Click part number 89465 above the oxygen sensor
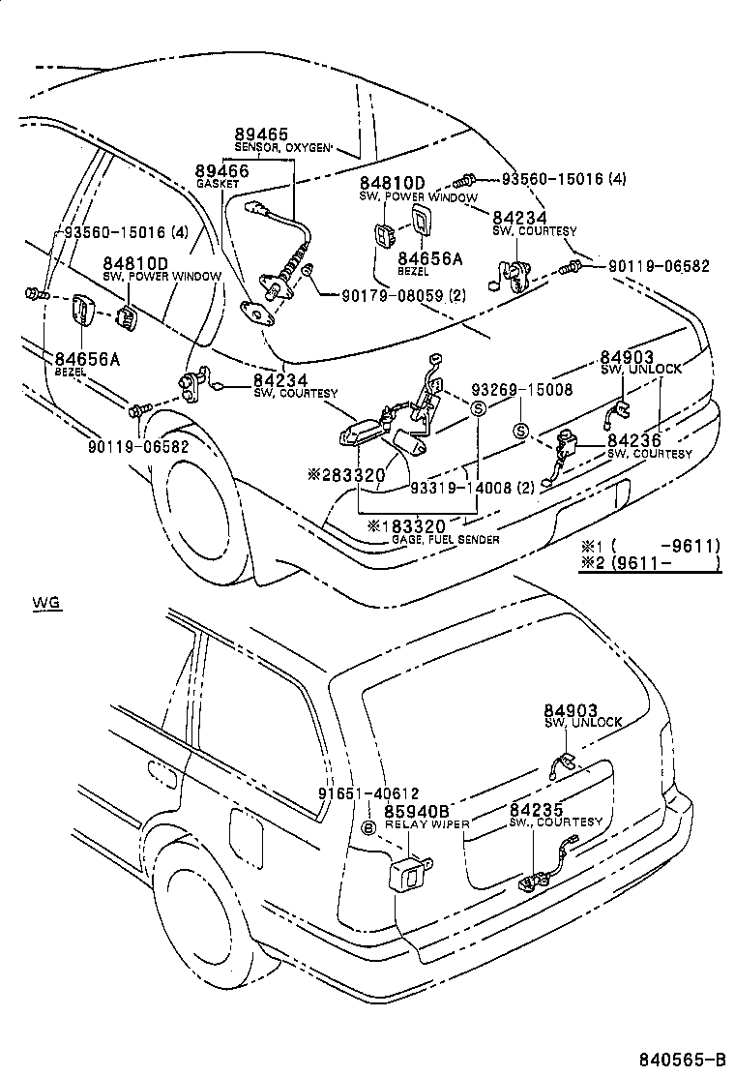coord(261,135)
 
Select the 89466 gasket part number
coord(222,170)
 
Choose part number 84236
coord(633,440)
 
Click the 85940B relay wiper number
coord(418,811)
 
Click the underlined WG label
coord(45,603)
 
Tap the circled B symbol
coord(367,828)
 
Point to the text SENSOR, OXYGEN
coord(283,148)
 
